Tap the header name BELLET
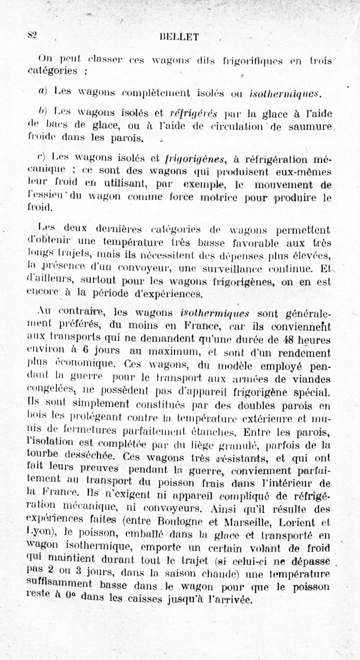(x=179, y=37)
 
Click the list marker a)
(x=43, y=92)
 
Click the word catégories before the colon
(x=54, y=71)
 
